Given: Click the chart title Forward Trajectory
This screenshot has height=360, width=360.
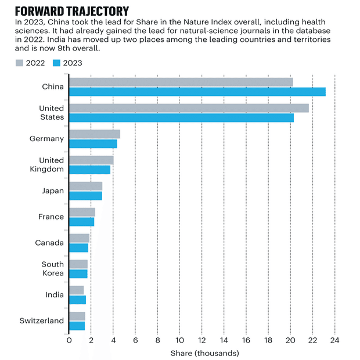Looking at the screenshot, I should (71, 11).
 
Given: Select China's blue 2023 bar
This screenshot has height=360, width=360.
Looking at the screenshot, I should (197, 92).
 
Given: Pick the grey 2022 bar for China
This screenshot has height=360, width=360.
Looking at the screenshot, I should (181, 82).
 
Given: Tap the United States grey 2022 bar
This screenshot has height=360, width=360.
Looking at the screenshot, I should (189, 108).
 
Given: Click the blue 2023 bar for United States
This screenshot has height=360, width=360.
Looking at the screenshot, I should (181, 118).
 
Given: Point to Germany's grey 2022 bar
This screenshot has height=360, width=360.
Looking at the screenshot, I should (95, 134).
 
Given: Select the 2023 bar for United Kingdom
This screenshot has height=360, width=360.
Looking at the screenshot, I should (89, 170).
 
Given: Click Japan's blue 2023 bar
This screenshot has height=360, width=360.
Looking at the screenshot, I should (85, 196).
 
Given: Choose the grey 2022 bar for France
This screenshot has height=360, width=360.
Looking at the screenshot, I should (82, 212).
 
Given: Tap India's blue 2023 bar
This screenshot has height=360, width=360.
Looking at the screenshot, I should (77, 300).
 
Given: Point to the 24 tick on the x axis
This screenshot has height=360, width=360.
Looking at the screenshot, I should (334, 340).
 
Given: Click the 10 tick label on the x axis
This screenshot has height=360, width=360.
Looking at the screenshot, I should (179, 340).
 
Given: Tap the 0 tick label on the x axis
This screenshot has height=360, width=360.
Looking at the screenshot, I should (69, 340).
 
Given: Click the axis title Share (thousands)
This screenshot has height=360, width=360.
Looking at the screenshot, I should (204, 352).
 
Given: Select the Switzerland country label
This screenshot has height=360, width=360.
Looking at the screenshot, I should (42, 321).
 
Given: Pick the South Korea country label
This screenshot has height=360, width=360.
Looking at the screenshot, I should (52, 269).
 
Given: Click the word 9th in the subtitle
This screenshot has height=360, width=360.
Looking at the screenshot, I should (146, 49).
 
